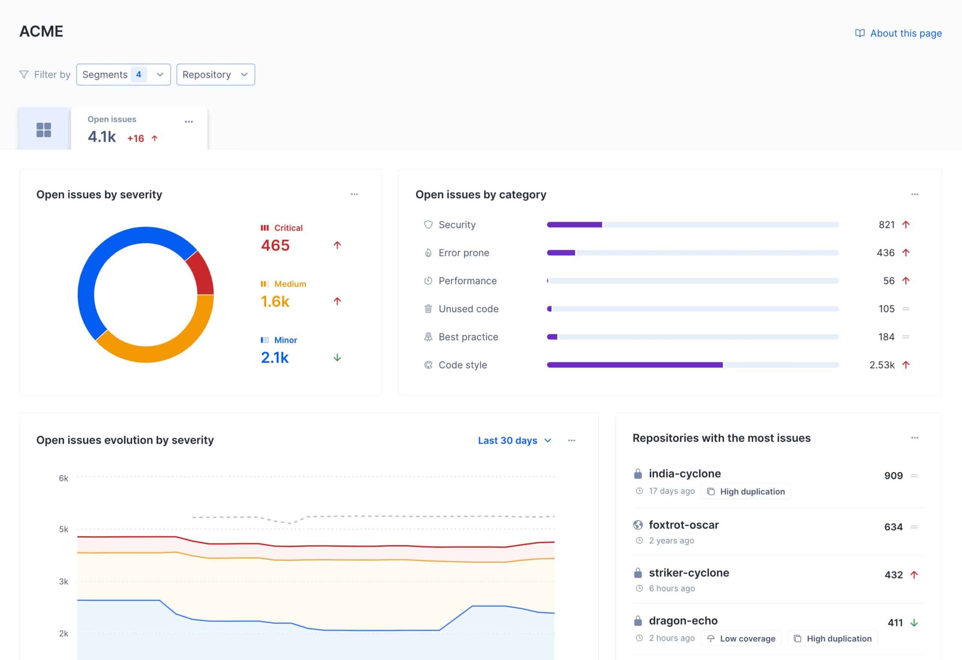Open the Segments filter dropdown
(123, 74)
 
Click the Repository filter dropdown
(215, 74)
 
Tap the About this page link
(905, 33)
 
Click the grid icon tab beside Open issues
(44, 130)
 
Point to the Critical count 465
(275, 245)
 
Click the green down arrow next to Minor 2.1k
(337, 358)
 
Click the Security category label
(457, 225)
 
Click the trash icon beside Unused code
(428, 309)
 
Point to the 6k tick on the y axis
(64, 478)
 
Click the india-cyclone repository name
(684, 473)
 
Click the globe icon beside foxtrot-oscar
(638, 525)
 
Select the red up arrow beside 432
(914, 575)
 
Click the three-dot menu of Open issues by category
(914, 194)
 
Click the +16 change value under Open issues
(135, 138)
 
